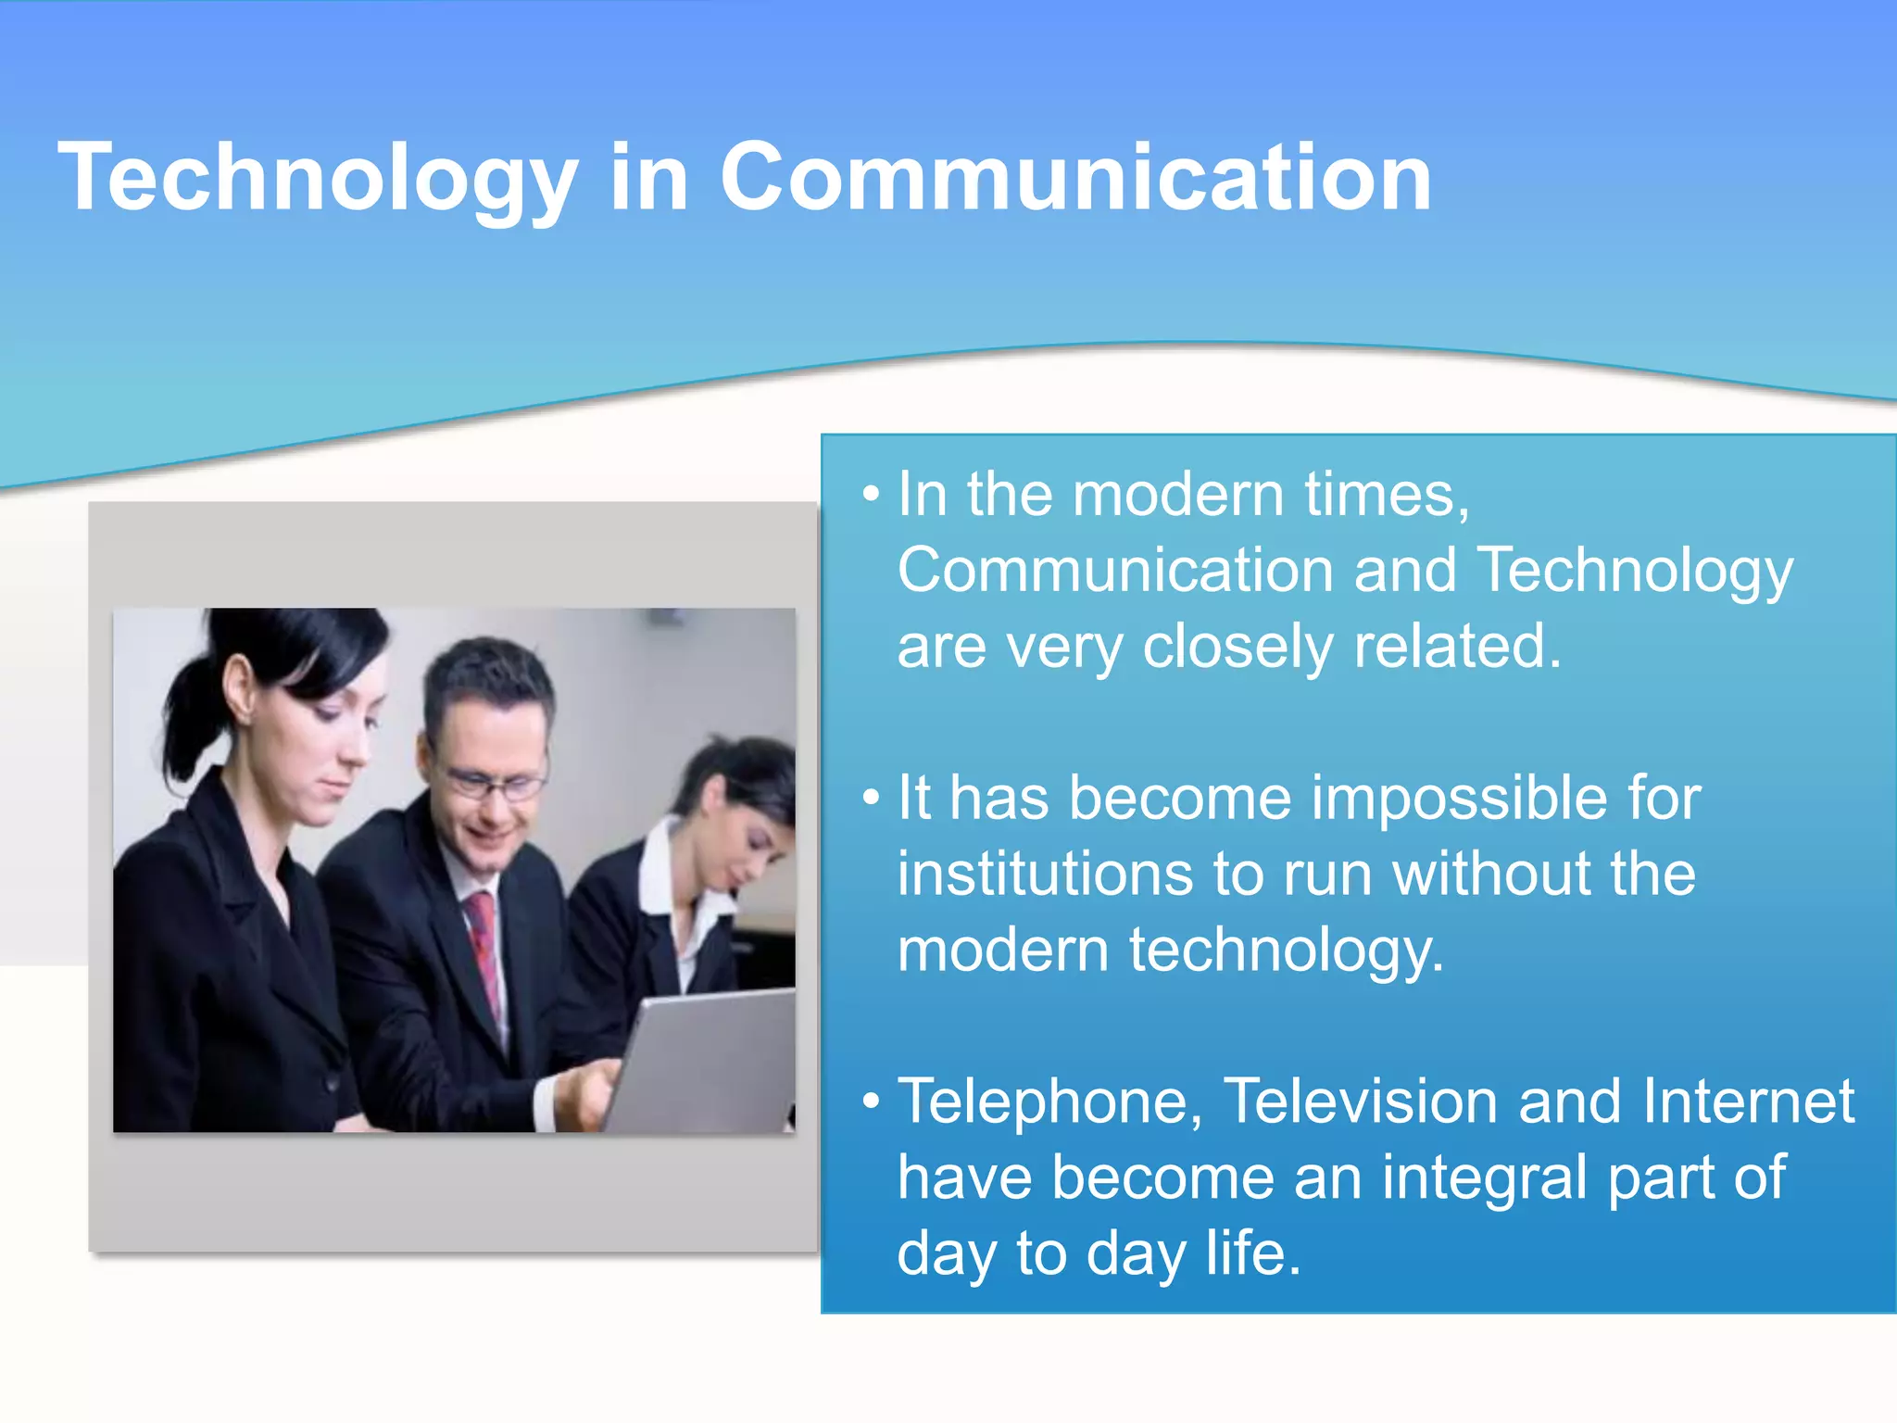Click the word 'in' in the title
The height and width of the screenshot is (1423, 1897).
tap(648, 178)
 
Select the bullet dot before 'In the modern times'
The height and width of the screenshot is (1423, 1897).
tap(870, 494)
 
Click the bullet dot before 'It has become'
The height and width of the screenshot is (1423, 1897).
tap(870, 797)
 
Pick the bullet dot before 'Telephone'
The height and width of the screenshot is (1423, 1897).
tap(870, 1101)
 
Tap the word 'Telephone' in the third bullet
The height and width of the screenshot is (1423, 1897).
tap(1050, 1102)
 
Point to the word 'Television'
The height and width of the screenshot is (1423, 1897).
tap(1360, 1102)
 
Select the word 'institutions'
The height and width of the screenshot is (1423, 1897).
tap(1045, 875)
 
